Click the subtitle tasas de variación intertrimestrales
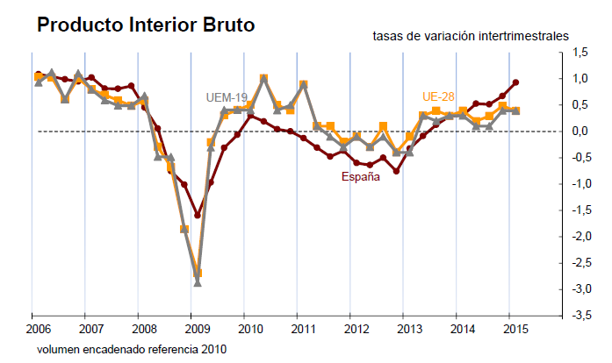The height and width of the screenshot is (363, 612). pyautogui.click(x=471, y=36)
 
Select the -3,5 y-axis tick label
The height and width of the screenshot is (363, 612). pyautogui.click(x=580, y=316)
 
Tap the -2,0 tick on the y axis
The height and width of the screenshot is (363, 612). pyautogui.click(x=580, y=237)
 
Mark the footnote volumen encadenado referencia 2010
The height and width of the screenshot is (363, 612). pyautogui.click(x=132, y=349)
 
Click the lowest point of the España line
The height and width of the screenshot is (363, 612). pyautogui.click(x=198, y=215)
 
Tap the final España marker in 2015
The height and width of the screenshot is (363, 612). pyautogui.click(x=515, y=82)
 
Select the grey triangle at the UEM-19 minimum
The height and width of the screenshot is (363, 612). pyautogui.click(x=198, y=282)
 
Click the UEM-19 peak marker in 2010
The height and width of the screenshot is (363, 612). pyautogui.click(x=263, y=79)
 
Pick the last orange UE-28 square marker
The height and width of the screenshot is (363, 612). pyautogui.click(x=515, y=110)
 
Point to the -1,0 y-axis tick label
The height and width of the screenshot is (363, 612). pyautogui.click(x=580, y=184)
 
